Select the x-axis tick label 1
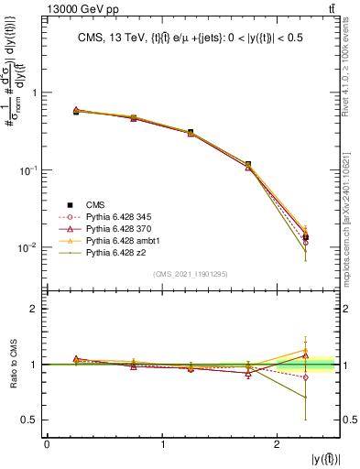(162, 445)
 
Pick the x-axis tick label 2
(278, 445)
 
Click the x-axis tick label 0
(47, 445)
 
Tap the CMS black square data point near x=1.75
(249, 164)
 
